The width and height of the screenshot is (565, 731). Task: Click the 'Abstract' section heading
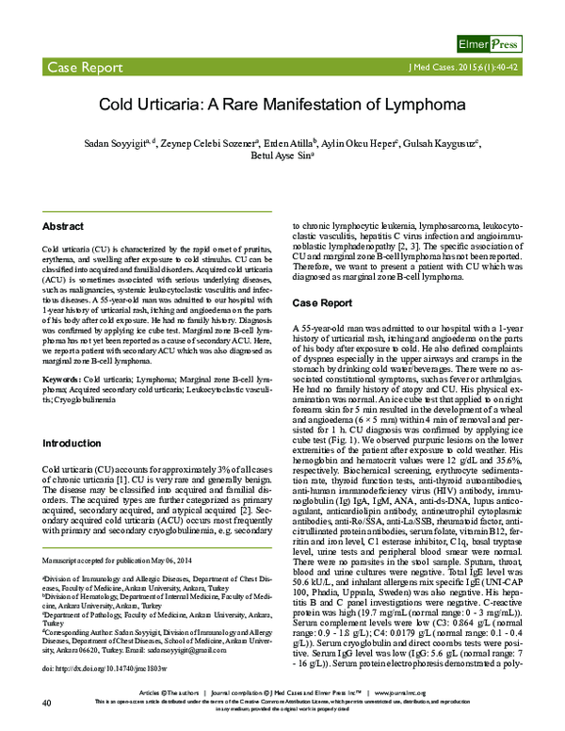64,227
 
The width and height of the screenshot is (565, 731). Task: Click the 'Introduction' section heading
73,442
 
